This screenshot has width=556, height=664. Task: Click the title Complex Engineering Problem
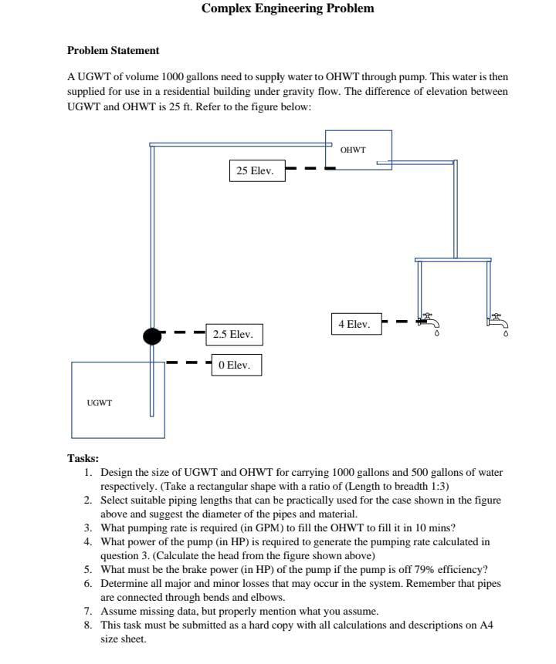click(287, 8)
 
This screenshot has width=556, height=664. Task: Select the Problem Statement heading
click(113, 51)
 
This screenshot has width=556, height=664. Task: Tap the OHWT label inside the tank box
click(353, 150)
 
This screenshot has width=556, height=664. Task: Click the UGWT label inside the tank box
click(100, 403)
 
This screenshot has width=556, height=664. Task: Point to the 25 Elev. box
click(256, 170)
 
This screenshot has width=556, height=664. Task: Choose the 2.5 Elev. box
click(233, 335)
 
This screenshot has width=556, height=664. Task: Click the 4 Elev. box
click(354, 325)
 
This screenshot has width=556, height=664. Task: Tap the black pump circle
click(153, 335)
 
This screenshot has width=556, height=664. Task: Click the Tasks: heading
click(83, 457)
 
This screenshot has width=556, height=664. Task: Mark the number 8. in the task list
click(88, 625)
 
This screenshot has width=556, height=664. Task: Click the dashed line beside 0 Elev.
click(188, 362)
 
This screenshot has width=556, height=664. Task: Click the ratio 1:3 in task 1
click(436, 486)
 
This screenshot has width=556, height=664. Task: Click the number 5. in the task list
click(88, 569)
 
